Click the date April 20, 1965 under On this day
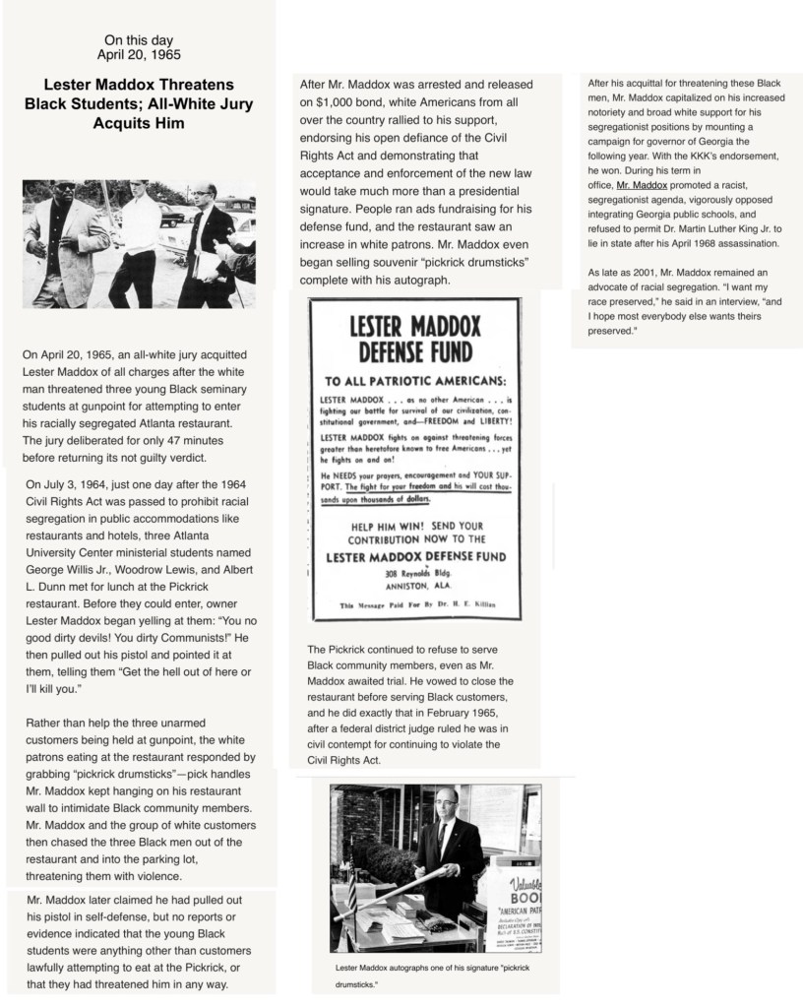point(139,54)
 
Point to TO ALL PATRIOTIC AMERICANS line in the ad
point(413,380)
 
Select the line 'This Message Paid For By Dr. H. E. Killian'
point(412,603)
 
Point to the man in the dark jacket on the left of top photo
point(65,246)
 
